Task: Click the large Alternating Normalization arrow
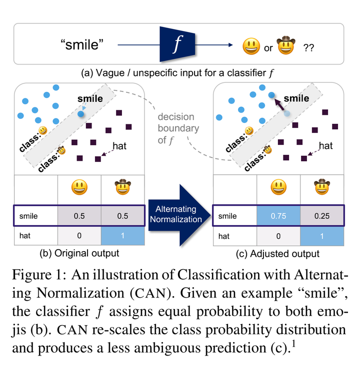[x=178, y=215]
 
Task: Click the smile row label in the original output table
[x=29, y=217]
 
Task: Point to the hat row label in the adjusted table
[x=224, y=235]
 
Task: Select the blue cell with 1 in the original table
[x=122, y=235]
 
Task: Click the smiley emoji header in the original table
[x=79, y=188]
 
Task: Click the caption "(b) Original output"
[x=79, y=253]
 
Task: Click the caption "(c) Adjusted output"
[x=278, y=253]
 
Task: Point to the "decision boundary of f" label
[x=178, y=128]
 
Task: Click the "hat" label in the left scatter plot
[x=119, y=146]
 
